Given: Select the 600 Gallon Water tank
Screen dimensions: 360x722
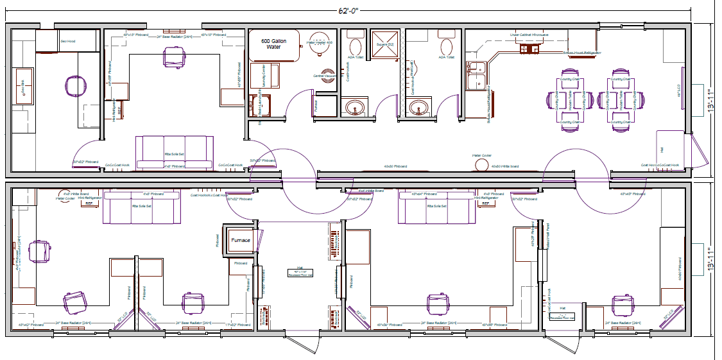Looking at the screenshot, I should (x=273, y=45).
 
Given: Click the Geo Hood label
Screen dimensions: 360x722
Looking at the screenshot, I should (x=68, y=41).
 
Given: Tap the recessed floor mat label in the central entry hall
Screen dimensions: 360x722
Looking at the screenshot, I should (x=299, y=273).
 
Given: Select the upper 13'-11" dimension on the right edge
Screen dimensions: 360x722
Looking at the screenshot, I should (x=712, y=99).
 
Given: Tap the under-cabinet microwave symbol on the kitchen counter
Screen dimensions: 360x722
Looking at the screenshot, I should (x=530, y=49).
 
